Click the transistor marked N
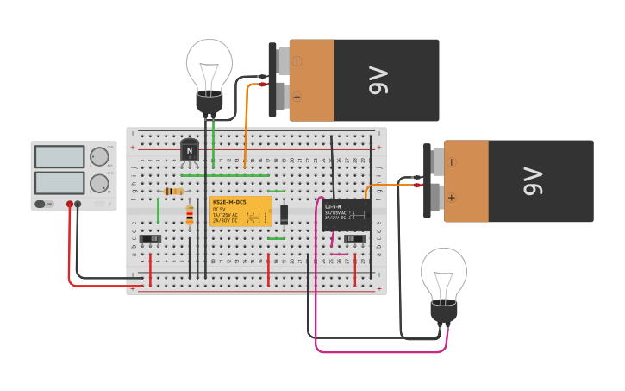click(x=190, y=149)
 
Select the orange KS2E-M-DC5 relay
click(x=241, y=211)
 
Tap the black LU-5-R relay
click(x=346, y=215)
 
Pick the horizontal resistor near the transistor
click(x=173, y=191)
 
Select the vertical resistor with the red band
click(x=190, y=215)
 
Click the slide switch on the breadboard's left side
click(x=150, y=238)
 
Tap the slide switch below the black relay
click(x=354, y=238)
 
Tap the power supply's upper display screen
click(x=59, y=156)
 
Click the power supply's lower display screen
click(x=59, y=182)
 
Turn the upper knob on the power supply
click(x=99, y=156)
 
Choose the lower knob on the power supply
click(x=99, y=183)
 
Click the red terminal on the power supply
click(x=70, y=205)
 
